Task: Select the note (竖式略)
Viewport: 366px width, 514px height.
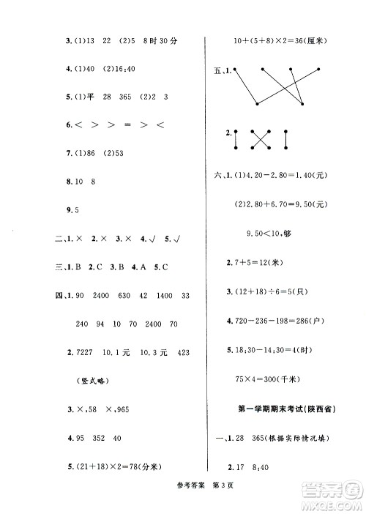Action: pyautogui.click(x=94, y=381)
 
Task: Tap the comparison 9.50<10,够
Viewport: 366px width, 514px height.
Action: pyautogui.click(x=274, y=234)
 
